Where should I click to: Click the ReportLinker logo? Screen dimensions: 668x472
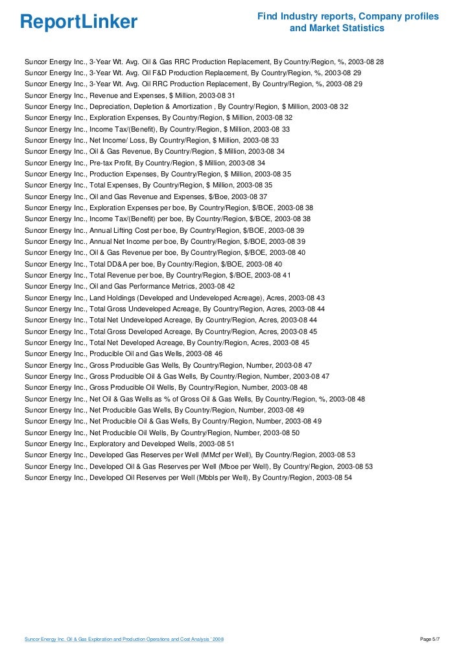78,22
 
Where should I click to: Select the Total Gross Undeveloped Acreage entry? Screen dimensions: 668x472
175,309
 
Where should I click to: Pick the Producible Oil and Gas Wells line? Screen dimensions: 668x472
123,353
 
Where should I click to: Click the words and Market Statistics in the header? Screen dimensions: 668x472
337,29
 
